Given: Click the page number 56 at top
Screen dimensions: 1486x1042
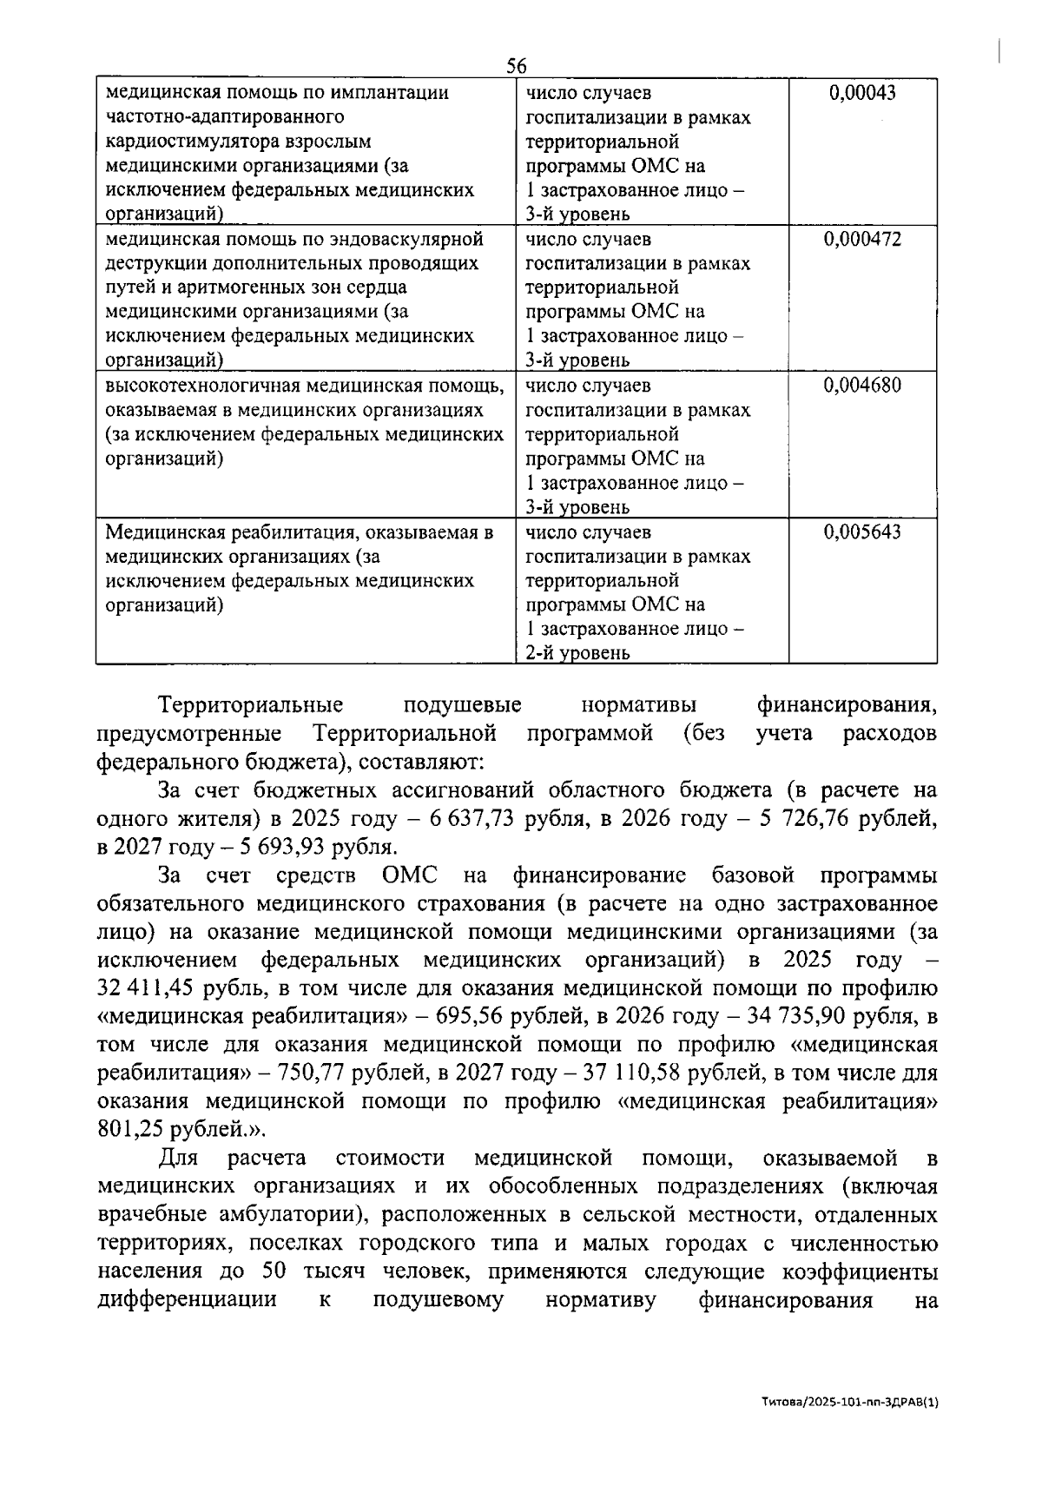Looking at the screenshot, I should [517, 67].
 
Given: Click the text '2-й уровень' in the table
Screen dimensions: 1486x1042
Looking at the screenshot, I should [577, 653].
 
